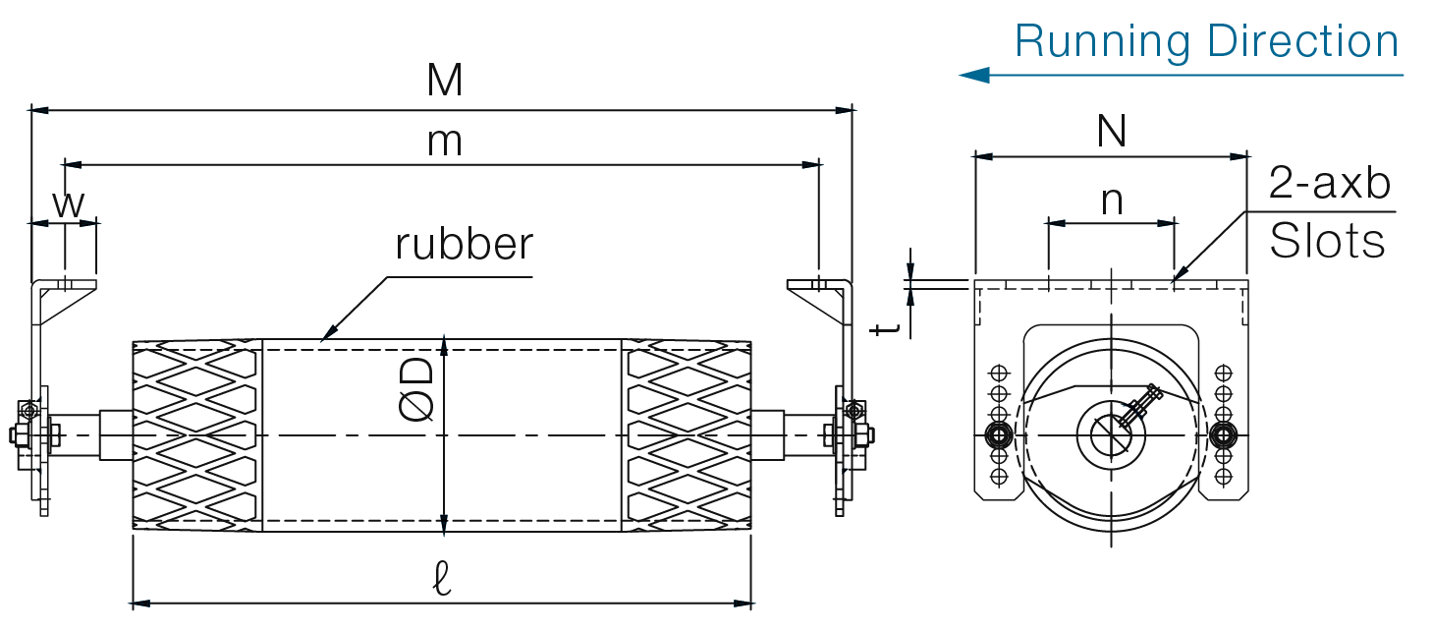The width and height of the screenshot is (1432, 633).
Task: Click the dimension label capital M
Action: pyautogui.click(x=444, y=82)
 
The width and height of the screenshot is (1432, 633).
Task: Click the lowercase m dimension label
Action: pyautogui.click(x=444, y=143)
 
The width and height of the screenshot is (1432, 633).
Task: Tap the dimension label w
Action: pyautogui.click(x=67, y=204)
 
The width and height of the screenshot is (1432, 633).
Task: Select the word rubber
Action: pyautogui.click(x=464, y=244)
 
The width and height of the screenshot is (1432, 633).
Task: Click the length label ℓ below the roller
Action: pyautogui.click(x=442, y=581)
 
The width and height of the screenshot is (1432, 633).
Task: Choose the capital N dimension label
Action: pyautogui.click(x=1111, y=132)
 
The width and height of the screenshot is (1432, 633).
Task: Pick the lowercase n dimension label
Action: pyautogui.click(x=1111, y=201)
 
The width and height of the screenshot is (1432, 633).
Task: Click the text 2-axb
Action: pyautogui.click(x=1330, y=184)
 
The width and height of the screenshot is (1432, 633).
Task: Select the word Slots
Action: pyautogui.click(x=1327, y=241)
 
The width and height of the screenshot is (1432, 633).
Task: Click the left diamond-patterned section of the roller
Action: pyautogui.click(x=198, y=435)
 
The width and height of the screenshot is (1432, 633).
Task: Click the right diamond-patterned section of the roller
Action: pyautogui.click(x=687, y=435)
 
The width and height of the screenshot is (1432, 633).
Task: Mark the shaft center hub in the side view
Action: pyautogui.click(x=1111, y=433)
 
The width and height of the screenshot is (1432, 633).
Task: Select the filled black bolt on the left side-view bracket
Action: pyautogui.click(x=1000, y=433)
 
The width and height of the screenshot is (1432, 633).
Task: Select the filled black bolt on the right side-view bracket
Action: pyautogui.click(x=1223, y=433)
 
